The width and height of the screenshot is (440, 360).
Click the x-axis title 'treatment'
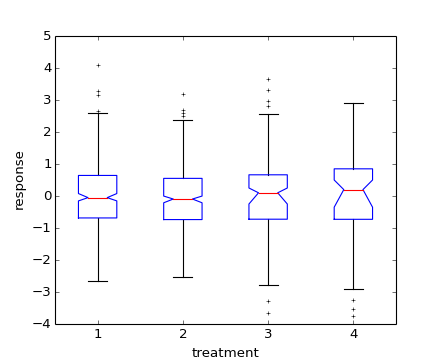[225, 352]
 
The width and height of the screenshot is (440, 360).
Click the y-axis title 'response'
[18, 180]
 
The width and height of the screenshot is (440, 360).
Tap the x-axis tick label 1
[98, 333]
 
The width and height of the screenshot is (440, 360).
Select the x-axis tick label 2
[183, 333]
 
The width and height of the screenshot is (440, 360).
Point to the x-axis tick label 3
[268, 333]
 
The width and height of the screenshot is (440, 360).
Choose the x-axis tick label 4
[353, 333]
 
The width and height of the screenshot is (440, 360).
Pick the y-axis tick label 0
[47, 196]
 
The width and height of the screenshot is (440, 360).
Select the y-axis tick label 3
[47, 100]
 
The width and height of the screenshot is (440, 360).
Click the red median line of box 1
[98, 198]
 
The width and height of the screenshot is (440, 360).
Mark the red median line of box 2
[183, 199]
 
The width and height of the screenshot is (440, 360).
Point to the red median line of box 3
[268, 193]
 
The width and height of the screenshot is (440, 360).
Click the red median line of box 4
[353, 190]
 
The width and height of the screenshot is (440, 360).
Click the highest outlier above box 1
[98, 65]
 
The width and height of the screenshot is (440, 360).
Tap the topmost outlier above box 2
[183, 94]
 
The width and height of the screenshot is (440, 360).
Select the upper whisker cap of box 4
[353, 103]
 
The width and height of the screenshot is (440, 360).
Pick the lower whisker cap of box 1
[98, 281]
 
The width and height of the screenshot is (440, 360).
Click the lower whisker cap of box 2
[183, 277]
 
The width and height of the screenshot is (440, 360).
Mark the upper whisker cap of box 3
[268, 114]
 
